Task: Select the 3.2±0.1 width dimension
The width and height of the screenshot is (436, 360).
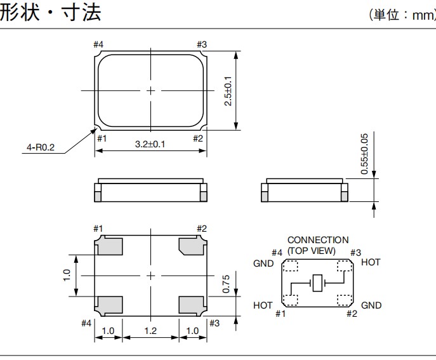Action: click(x=150, y=144)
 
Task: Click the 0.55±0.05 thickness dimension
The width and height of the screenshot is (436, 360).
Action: click(x=364, y=154)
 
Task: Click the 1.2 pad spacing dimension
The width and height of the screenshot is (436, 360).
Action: click(x=150, y=331)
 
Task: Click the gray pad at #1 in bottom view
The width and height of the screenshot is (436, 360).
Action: click(x=109, y=245)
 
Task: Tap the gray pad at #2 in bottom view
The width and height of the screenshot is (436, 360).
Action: click(x=191, y=245)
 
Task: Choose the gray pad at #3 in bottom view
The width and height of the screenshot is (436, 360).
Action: click(x=191, y=305)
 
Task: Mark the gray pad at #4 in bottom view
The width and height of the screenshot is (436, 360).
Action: click(x=109, y=305)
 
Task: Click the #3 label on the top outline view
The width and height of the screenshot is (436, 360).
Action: click(x=202, y=44)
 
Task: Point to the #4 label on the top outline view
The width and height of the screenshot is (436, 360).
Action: click(x=98, y=44)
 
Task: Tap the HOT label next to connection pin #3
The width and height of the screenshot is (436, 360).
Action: click(x=371, y=262)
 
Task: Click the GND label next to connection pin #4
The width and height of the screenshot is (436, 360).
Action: click(x=263, y=263)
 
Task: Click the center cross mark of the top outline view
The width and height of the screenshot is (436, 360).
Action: click(x=150, y=91)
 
